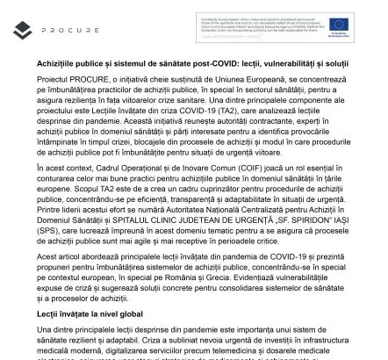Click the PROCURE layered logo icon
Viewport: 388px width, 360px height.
pos(24,29)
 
